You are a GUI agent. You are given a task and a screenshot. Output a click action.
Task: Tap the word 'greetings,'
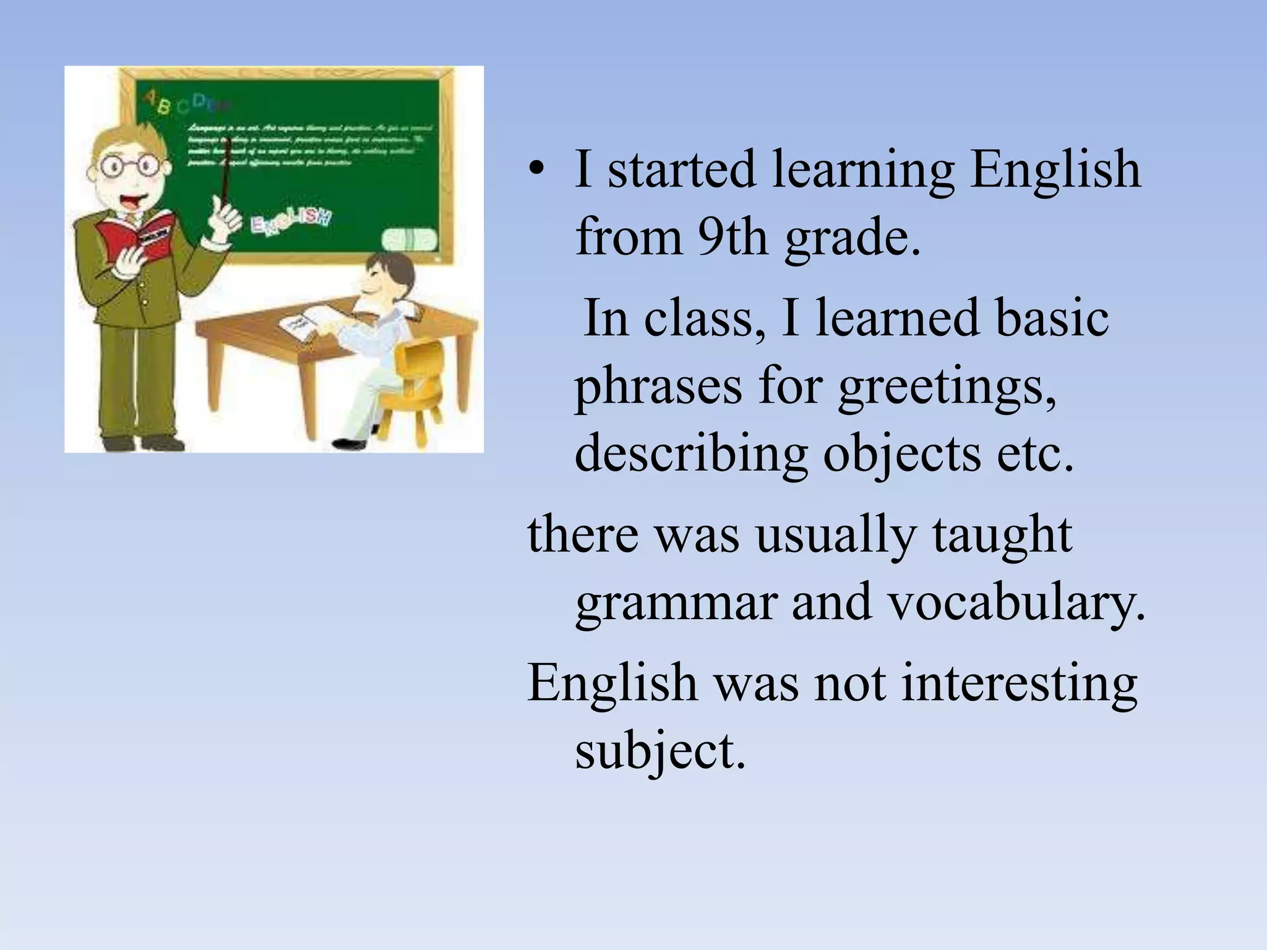tap(947, 386)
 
